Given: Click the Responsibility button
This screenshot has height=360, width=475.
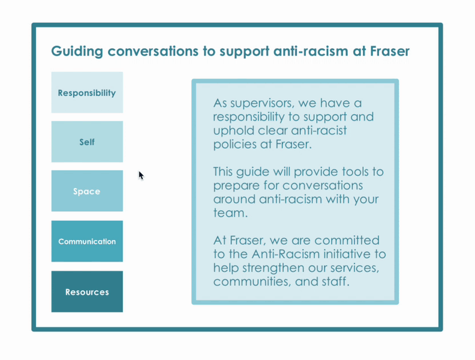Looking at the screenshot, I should click(87, 93).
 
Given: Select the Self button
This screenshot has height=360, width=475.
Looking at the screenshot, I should click(87, 142).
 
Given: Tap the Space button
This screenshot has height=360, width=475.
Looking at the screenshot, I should click(87, 191).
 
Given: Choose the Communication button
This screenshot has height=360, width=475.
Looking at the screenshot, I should click(87, 241).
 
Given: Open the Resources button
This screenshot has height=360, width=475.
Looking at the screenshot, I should click(87, 292).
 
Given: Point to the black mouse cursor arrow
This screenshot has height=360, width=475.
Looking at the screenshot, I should click(141, 175).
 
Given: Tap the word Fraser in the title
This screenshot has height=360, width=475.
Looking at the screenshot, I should click(387, 51).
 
